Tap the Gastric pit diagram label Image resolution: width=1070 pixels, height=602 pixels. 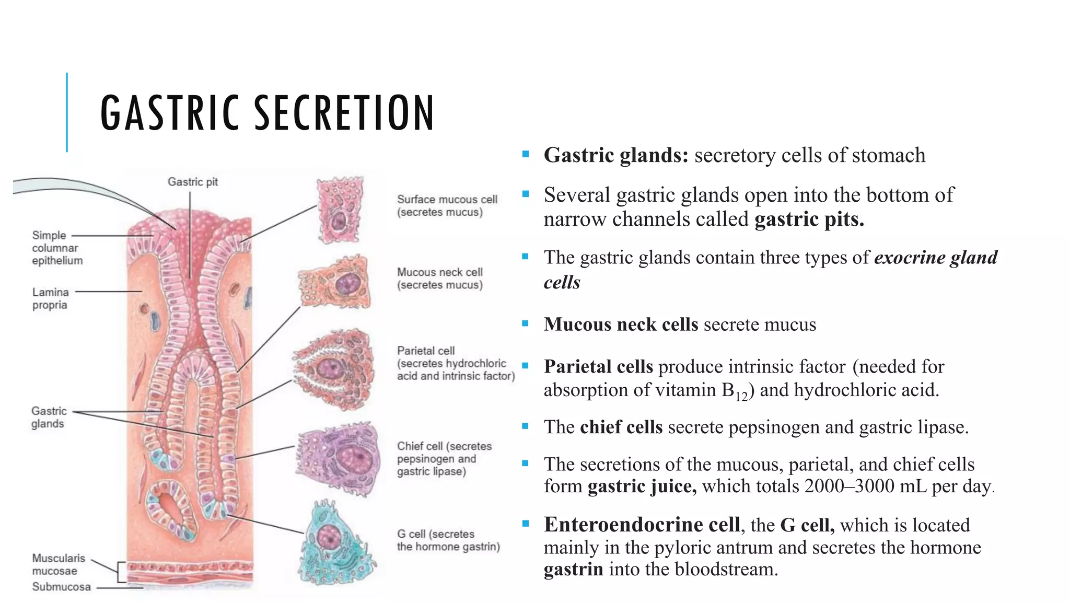point(192,182)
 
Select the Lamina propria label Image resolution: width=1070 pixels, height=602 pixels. point(50,298)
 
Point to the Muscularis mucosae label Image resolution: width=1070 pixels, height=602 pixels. point(58,564)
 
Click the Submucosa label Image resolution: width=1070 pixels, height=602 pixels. point(61,587)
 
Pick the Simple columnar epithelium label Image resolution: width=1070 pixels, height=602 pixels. point(56,248)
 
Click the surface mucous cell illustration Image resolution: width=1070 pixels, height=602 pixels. point(340,210)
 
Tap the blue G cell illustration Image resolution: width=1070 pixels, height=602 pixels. point(338,543)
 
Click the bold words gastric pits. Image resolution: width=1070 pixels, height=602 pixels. point(809,219)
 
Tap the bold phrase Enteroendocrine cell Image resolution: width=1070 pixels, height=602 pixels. point(642,525)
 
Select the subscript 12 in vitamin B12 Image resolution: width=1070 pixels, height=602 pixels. point(742,397)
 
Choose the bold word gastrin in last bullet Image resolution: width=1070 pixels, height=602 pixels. point(573,569)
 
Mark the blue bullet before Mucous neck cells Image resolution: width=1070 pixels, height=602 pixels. point(526,324)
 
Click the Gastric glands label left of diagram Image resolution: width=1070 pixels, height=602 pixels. point(49,417)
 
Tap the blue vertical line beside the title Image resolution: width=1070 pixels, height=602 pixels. point(67,112)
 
